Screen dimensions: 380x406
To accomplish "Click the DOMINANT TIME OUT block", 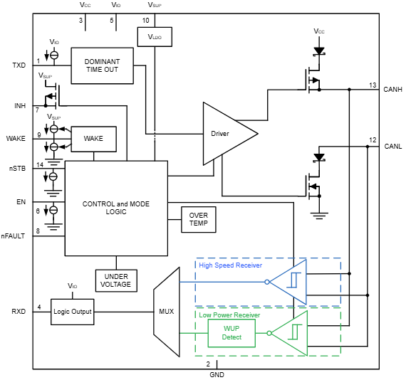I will (x=101, y=65).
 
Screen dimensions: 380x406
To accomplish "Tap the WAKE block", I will (x=93, y=139).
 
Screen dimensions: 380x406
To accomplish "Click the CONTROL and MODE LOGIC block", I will (x=115, y=208).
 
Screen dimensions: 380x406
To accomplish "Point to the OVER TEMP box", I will (x=198, y=219).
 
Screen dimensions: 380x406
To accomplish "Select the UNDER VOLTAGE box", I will (x=116, y=280).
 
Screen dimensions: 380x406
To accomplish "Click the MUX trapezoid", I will (x=165, y=311).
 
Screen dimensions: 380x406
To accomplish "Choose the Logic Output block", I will (x=72, y=312).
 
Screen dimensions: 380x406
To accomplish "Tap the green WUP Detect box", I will (x=231, y=332).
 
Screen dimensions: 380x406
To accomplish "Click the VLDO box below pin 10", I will (x=155, y=37).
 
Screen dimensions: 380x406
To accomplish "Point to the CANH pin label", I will (x=392, y=90).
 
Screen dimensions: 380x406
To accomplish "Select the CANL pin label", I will (x=392, y=146).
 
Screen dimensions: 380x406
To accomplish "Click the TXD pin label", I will (x=19, y=65).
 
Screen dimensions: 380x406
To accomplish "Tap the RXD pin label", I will (x=19, y=312).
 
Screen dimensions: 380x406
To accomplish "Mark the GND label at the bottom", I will (x=217, y=374).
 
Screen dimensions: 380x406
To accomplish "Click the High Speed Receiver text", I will (x=230, y=265).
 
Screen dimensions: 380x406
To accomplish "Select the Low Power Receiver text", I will (x=229, y=315).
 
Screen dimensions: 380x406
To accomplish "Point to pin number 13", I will (x=373, y=85).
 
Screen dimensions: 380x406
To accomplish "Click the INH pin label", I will (x=20, y=106).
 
